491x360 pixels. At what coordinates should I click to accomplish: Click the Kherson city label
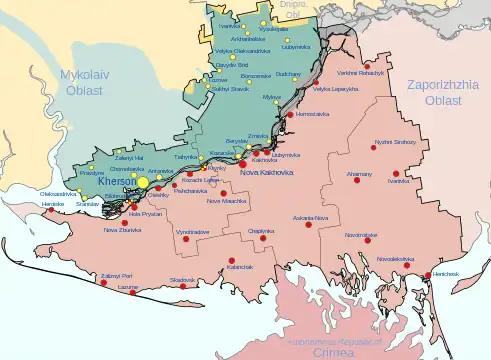click(x=118, y=183)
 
